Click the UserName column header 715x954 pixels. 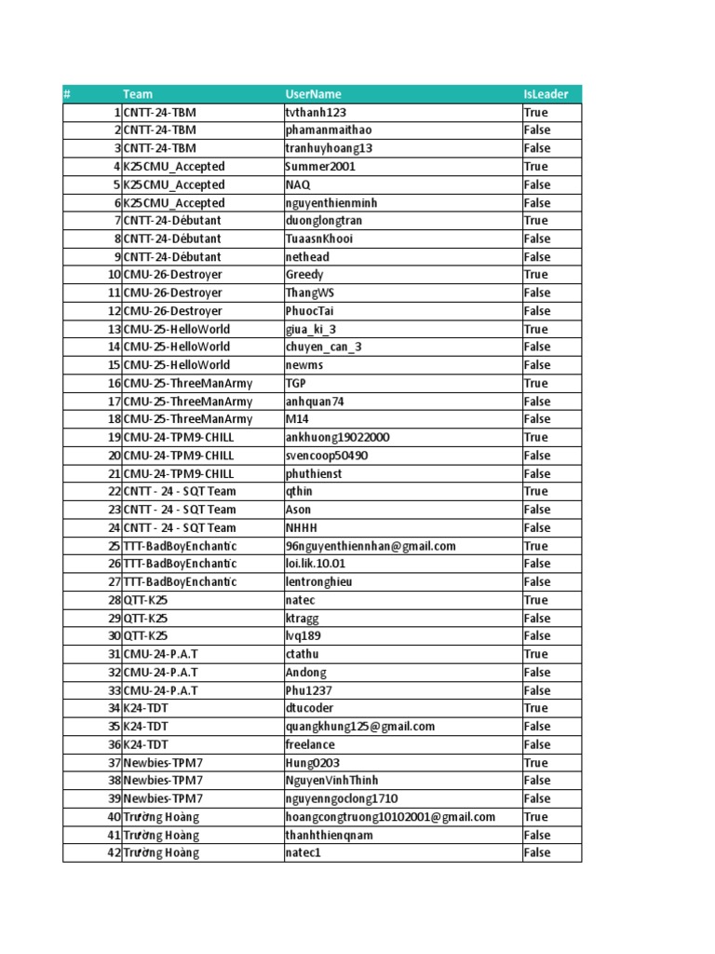(314, 94)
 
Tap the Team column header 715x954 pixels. (138, 94)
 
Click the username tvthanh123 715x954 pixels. (316, 112)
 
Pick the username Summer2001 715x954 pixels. (320, 167)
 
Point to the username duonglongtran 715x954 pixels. (324, 221)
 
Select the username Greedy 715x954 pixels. (304, 275)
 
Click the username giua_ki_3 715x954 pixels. (311, 329)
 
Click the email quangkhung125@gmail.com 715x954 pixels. (360, 727)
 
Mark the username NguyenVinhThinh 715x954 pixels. (332, 781)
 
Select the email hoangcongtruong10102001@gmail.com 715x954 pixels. (390, 817)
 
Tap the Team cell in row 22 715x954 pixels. (180, 491)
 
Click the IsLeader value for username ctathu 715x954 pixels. (536, 654)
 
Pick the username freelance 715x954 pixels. (310, 744)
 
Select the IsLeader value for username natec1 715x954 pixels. (537, 852)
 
